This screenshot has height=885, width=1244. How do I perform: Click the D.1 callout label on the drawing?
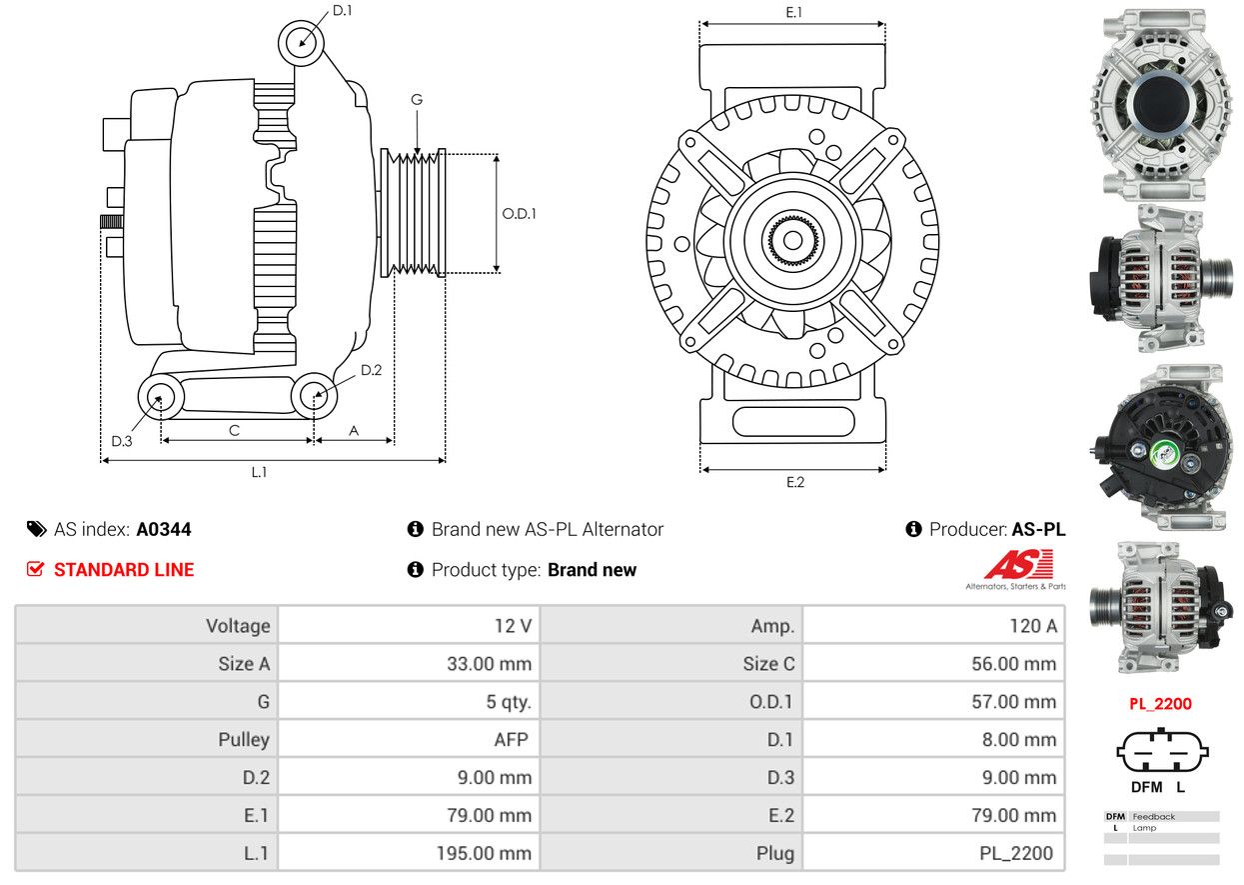pyautogui.click(x=342, y=10)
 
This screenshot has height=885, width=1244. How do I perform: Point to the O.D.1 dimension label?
pyautogui.click(x=519, y=214)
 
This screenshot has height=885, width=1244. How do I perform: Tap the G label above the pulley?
pyautogui.click(x=417, y=100)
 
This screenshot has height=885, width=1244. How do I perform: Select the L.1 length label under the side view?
pyautogui.click(x=259, y=472)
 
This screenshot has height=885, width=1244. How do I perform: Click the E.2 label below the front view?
pyautogui.click(x=794, y=482)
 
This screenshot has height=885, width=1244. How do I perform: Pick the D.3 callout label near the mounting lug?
pyautogui.click(x=122, y=441)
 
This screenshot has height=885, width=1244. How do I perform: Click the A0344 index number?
pyautogui.click(x=164, y=529)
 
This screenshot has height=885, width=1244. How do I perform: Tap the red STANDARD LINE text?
pyautogui.click(x=124, y=570)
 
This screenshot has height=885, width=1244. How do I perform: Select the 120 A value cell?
pyautogui.click(x=933, y=625)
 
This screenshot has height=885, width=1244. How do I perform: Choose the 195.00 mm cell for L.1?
pyautogui.click(x=409, y=853)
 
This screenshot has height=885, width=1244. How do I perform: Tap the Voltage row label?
pyautogui.click(x=238, y=626)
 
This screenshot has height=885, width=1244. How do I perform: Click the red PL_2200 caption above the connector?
pyautogui.click(x=1160, y=704)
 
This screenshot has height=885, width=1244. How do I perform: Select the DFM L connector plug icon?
pyautogui.click(x=1162, y=751)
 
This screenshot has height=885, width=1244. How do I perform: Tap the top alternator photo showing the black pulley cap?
pyautogui.click(x=1161, y=105)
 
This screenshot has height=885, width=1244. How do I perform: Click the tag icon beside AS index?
pyautogui.click(x=37, y=529)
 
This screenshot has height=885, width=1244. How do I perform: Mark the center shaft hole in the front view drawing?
pyautogui.click(x=792, y=240)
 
